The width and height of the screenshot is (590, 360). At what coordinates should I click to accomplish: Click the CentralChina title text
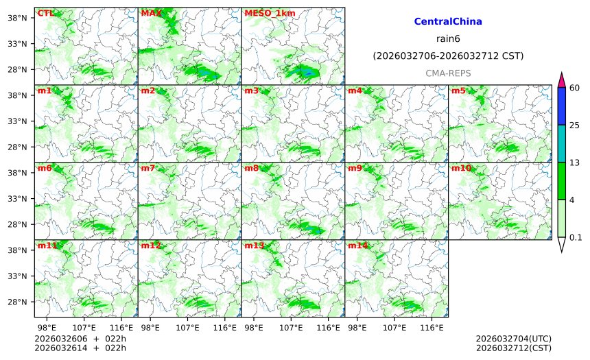coord(448,22)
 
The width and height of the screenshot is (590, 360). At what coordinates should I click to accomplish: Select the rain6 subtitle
coord(448,39)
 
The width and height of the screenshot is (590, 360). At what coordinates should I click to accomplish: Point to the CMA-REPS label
coord(448,73)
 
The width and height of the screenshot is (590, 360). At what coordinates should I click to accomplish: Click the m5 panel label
coord(458,91)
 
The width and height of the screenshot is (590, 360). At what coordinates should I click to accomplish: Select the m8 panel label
coord(251,168)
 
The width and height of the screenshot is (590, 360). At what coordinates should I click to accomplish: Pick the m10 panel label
coord(461,168)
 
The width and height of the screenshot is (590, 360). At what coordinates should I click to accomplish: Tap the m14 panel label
coord(357,245)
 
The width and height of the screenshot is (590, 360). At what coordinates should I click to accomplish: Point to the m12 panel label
coord(150,245)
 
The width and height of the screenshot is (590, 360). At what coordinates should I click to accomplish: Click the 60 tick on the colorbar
coord(574,87)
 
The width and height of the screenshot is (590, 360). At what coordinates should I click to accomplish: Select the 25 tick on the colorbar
coord(574,125)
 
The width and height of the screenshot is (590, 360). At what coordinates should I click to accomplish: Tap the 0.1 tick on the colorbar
coord(576,237)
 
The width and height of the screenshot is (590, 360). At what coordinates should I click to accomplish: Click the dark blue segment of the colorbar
coord(562,106)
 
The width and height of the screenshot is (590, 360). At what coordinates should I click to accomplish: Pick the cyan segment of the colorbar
coord(562,143)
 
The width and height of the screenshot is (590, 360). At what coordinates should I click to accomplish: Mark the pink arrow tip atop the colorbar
coord(562,79)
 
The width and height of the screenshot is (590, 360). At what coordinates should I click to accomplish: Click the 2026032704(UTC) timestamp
coord(513,338)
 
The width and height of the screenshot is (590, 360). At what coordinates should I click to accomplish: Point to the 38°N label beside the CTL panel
coord(16,18)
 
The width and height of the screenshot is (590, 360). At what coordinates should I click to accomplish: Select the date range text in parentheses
coord(448,56)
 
